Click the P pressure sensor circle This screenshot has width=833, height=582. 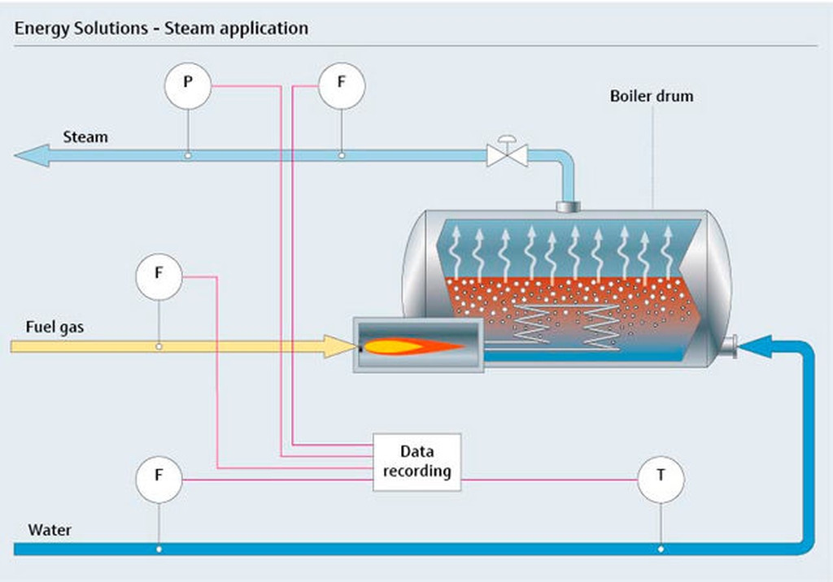click(x=188, y=85)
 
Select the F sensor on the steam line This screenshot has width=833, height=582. click(x=342, y=85)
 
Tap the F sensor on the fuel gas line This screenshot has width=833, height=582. click(x=159, y=276)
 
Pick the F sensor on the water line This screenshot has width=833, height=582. click(x=159, y=480)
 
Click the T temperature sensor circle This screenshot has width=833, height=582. click(x=661, y=480)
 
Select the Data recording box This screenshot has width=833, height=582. click(x=417, y=462)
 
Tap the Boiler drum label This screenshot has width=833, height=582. click(x=652, y=96)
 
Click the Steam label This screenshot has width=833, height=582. click(x=85, y=137)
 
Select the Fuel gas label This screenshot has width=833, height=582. click(x=55, y=327)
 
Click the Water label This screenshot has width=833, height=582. click(x=50, y=530)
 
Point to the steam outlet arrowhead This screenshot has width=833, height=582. click(x=32, y=155)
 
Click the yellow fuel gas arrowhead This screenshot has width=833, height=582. click(x=340, y=346)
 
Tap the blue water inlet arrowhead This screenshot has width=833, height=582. click(x=755, y=346)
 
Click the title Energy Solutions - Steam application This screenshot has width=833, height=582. click(x=162, y=28)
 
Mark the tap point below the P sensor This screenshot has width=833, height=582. click(x=188, y=155)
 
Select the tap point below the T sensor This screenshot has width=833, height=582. click(x=661, y=549)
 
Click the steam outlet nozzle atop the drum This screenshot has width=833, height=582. click(x=568, y=206)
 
